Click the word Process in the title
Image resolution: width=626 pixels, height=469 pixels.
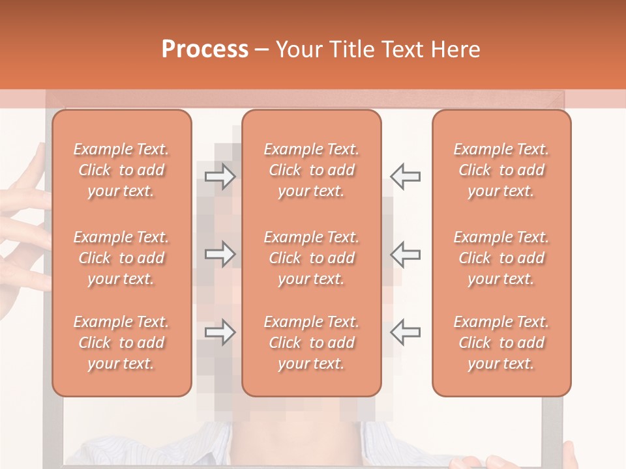[x=205, y=50]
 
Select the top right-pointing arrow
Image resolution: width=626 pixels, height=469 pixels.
[x=220, y=176]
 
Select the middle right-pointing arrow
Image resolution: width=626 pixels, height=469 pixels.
[x=220, y=254]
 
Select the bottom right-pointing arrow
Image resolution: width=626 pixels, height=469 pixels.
[x=220, y=332]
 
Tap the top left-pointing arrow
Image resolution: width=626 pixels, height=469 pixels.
[x=406, y=176]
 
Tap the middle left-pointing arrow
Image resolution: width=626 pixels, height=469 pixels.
[x=406, y=254]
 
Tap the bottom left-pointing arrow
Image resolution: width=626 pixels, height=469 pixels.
[x=406, y=332]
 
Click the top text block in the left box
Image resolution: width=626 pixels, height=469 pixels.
[x=121, y=170]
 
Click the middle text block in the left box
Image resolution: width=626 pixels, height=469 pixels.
[x=121, y=258]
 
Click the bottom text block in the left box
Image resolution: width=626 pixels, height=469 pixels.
[x=121, y=343]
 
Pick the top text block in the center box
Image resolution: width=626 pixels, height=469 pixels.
[x=311, y=170]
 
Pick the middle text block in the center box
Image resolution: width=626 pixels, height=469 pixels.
[x=311, y=258]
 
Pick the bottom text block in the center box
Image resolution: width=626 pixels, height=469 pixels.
[x=311, y=343]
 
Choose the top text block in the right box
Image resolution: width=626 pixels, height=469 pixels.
[x=501, y=170]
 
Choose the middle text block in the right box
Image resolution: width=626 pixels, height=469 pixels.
[x=501, y=258]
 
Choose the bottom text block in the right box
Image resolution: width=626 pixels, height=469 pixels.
[x=501, y=343]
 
